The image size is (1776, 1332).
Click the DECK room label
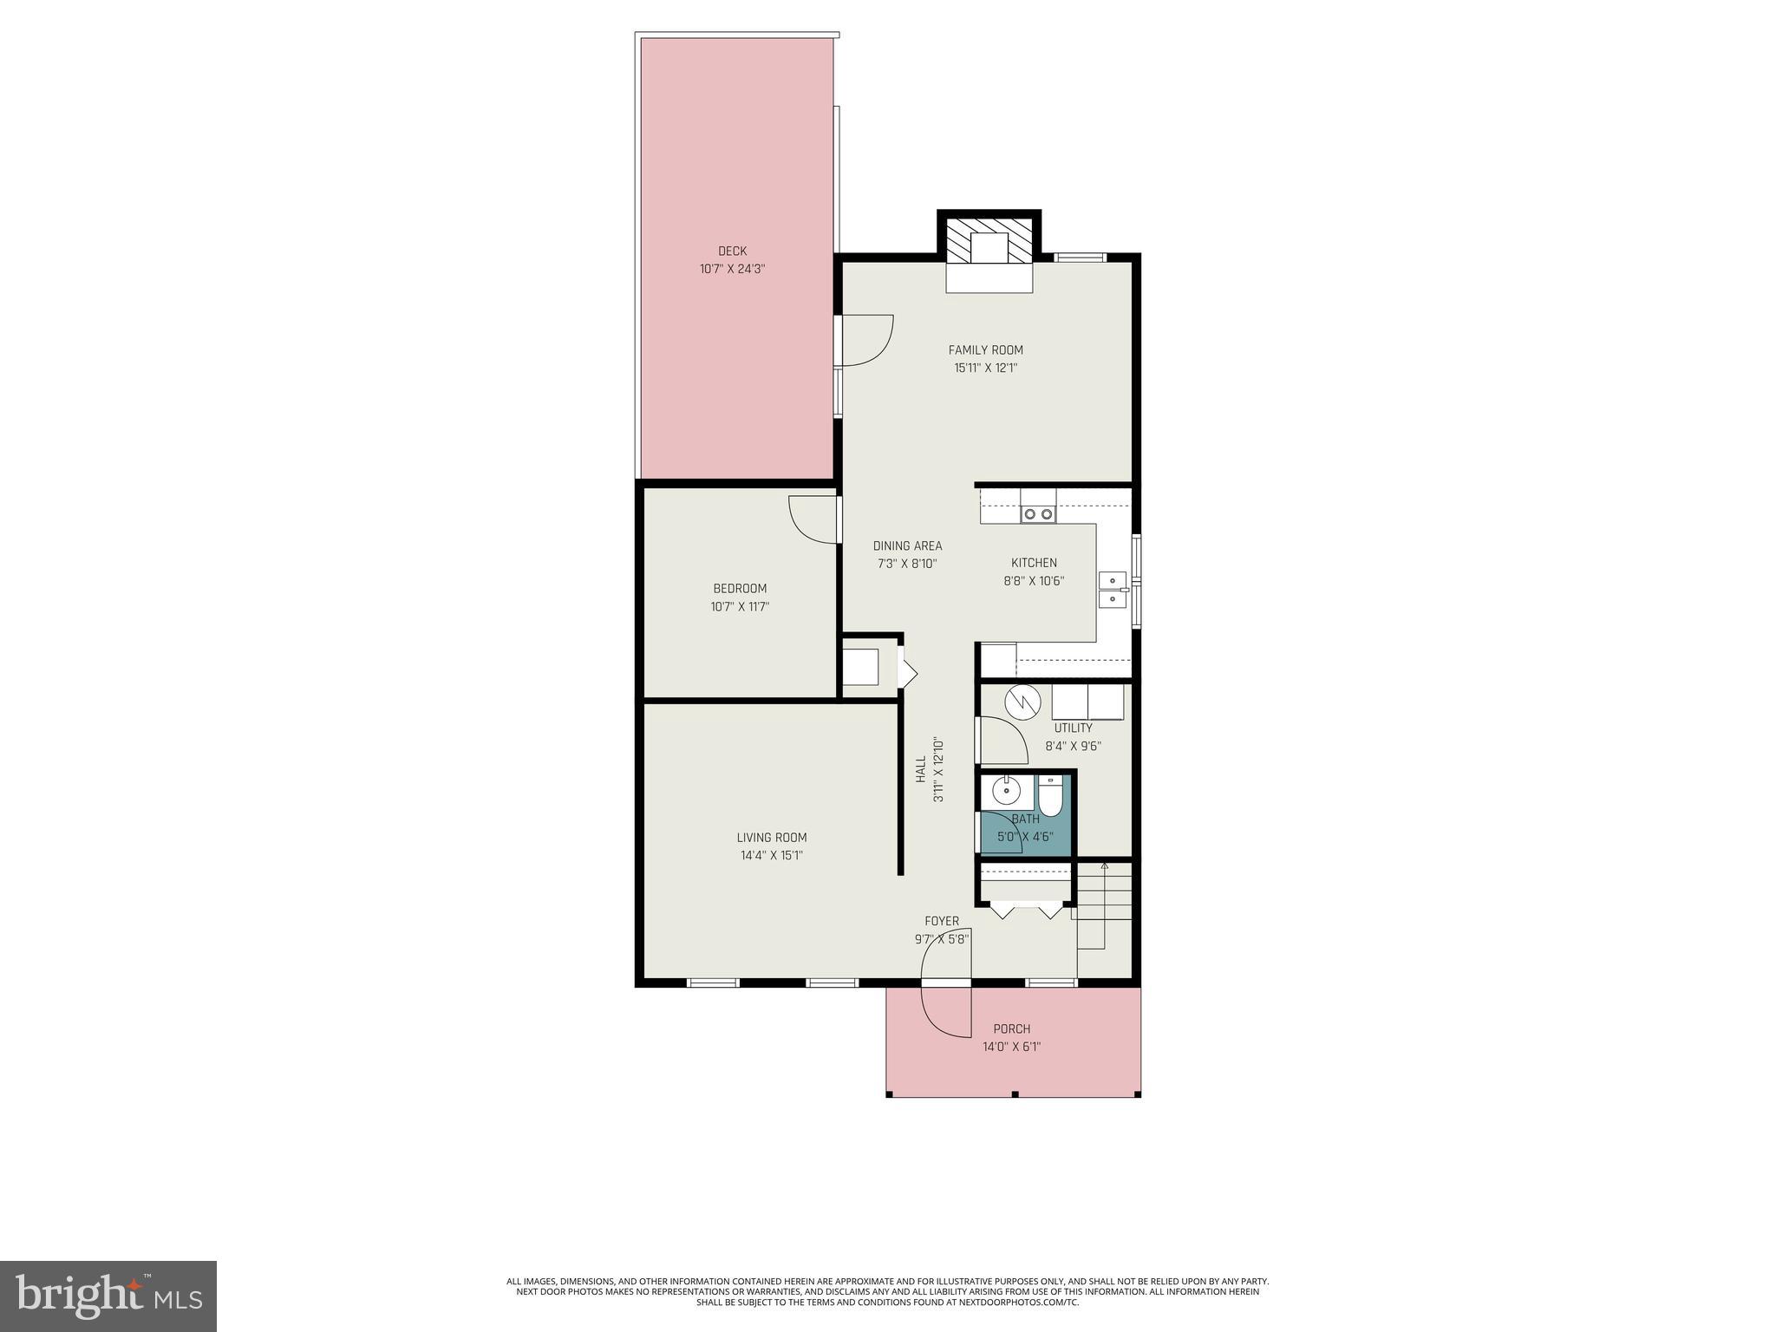click(x=732, y=251)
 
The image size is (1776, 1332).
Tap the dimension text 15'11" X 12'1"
click(x=985, y=368)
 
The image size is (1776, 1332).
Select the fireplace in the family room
click(x=989, y=250)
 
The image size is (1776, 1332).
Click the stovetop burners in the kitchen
click(x=1038, y=514)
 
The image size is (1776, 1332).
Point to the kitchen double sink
click(x=1112, y=590)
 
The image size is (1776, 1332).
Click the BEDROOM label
click(x=740, y=589)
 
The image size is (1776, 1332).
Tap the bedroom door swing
click(x=813, y=519)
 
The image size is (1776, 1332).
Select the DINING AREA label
click(x=907, y=546)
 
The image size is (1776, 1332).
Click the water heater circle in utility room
click(x=1022, y=702)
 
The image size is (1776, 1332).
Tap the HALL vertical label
click(x=921, y=769)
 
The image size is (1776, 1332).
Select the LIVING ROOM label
click(x=772, y=838)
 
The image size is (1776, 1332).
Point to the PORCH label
click(x=1011, y=1029)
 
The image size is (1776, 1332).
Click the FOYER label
click(x=942, y=922)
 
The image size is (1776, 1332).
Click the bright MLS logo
click(x=108, y=1296)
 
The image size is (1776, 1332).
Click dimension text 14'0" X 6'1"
click(x=1011, y=1047)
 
